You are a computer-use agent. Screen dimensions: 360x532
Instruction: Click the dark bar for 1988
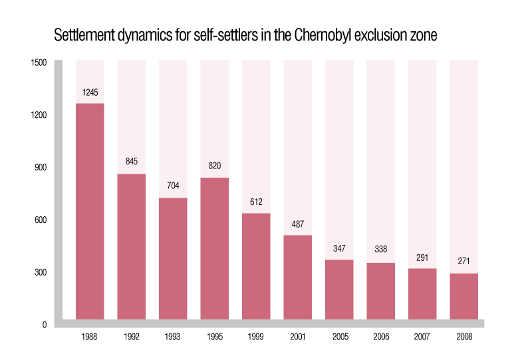90,211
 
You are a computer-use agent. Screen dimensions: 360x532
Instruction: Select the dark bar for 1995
214,248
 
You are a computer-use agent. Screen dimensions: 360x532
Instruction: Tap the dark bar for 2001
297,277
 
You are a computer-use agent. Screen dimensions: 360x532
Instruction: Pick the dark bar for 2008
464,296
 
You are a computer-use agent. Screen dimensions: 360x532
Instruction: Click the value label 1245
90,92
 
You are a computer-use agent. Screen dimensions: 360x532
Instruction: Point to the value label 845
131,162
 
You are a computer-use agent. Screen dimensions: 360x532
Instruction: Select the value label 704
173,186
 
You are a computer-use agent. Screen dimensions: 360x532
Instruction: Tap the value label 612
256,202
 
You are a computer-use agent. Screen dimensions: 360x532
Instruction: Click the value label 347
339,248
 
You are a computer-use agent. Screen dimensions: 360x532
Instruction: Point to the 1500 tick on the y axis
39,63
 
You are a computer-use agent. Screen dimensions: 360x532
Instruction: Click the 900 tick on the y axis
40,168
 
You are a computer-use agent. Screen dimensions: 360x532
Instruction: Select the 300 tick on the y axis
40,273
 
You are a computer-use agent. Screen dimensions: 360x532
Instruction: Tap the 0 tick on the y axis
45,325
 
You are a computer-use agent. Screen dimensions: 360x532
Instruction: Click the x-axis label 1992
131,337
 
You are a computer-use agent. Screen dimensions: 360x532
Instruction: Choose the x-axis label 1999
256,337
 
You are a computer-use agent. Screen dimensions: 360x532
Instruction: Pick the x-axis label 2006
381,337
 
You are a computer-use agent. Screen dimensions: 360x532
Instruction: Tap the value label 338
381,251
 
